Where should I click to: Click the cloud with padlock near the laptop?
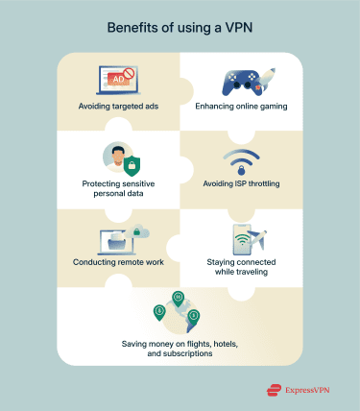pyautogui.click(x=141, y=230)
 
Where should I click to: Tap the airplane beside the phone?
pyautogui.click(x=256, y=238)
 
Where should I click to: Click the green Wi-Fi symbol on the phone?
pyautogui.click(x=238, y=240)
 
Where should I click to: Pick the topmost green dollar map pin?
pyautogui.click(x=177, y=297)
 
